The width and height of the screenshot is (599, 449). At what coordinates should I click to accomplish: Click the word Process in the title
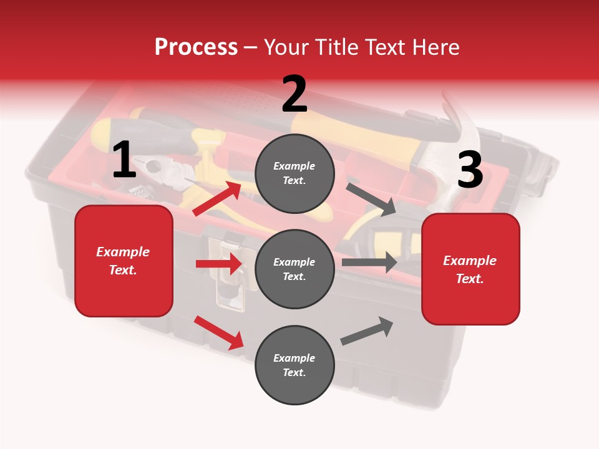[x=196, y=47]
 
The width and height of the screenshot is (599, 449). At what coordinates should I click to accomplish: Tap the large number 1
[x=124, y=160]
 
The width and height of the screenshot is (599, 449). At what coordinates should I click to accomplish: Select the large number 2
[x=295, y=94]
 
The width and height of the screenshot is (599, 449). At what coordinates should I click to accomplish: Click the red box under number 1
[x=124, y=261]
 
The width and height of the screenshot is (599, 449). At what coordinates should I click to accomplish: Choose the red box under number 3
[x=470, y=269]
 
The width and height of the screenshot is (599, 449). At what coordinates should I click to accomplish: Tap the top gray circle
[x=295, y=173]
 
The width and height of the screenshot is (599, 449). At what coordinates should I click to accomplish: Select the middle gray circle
[x=295, y=269]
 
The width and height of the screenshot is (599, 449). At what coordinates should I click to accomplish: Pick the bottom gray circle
[x=295, y=365]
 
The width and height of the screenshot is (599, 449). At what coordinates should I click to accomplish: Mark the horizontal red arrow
[x=218, y=264]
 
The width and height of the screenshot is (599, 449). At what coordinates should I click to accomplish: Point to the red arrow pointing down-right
[x=219, y=332]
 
